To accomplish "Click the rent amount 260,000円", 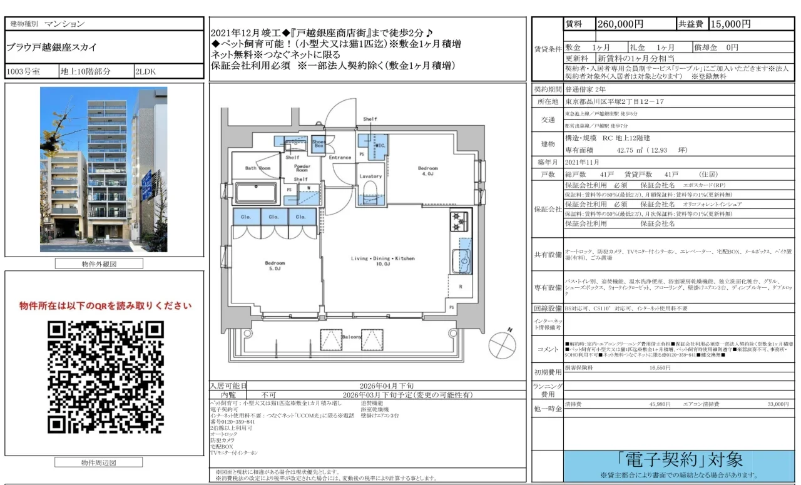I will (621, 24).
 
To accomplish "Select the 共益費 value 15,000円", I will (730, 24).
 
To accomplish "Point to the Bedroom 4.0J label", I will (428, 171).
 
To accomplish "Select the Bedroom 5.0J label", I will (275, 266).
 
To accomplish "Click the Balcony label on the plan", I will (352, 337).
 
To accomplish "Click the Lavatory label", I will (370, 176).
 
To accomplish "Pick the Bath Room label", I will (258, 168).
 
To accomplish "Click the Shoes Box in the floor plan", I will (319, 143).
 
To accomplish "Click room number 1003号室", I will (24, 71).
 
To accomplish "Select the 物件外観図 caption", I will (99, 263).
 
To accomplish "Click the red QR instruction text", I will (105, 306).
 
